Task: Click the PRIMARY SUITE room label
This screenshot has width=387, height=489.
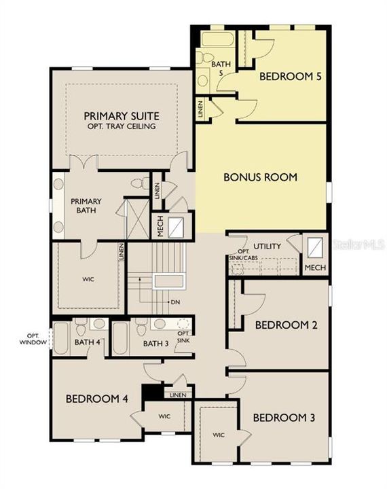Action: pos(121,115)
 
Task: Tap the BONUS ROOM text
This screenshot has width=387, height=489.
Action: pos(261,177)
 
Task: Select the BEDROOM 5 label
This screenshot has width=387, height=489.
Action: pos(291,77)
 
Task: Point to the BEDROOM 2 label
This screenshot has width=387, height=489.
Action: pos(287,325)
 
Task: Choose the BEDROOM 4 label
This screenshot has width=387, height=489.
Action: pos(97,399)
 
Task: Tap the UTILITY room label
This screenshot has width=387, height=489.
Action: pos(267,246)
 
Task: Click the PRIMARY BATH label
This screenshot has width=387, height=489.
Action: pos(87,206)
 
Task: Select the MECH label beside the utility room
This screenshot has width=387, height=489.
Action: pos(315,268)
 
